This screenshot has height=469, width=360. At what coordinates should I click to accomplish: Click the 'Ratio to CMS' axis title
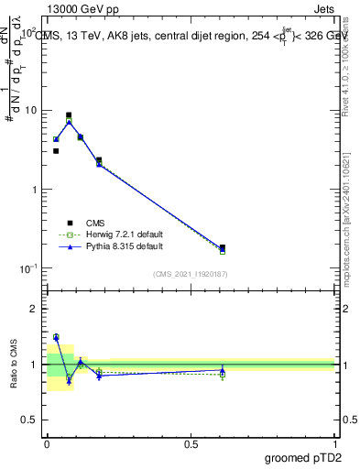point(13,365)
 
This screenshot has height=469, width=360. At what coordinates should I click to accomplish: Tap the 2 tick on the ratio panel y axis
point(36,310)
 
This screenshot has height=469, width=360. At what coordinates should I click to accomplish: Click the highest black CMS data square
point(69,115)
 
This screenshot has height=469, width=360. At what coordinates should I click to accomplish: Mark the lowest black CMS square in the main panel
point(223,247)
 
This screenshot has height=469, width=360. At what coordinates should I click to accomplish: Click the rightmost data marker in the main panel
point(223,248)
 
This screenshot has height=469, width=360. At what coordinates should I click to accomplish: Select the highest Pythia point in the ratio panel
point(56,337)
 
